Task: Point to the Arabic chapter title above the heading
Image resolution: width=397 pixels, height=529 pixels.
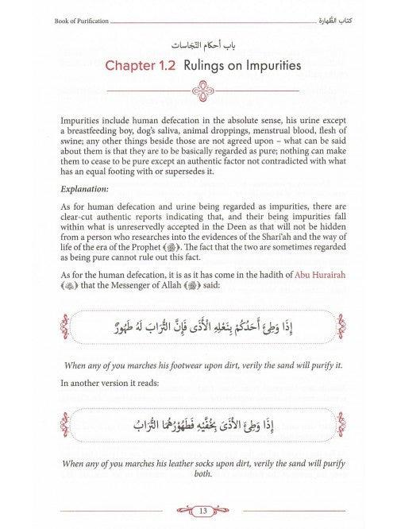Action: [x=197, y=39]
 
